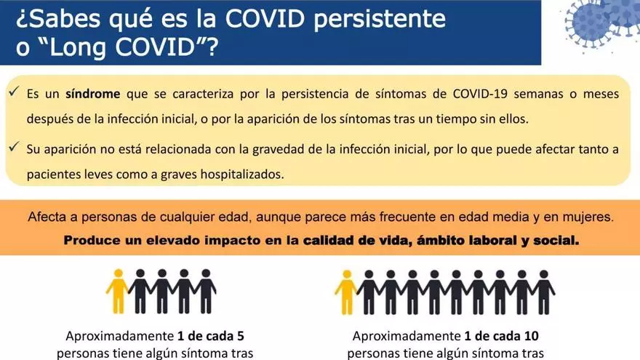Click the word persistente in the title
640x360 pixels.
point(379,19)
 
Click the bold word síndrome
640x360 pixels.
point(93,94)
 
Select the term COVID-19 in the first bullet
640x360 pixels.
point(480,94)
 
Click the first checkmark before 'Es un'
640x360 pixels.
point(14,91)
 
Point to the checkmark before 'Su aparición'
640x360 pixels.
point(14,146)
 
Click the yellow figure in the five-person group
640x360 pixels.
point(118,291)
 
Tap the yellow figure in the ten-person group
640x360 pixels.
point(346,292)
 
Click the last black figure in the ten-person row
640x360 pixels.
point(543,292)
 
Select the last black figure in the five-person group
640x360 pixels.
point(206,291)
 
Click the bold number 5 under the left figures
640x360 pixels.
point(241,336)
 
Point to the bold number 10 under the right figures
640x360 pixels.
point(532,336)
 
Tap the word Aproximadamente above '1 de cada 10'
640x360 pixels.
point(406,336)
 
